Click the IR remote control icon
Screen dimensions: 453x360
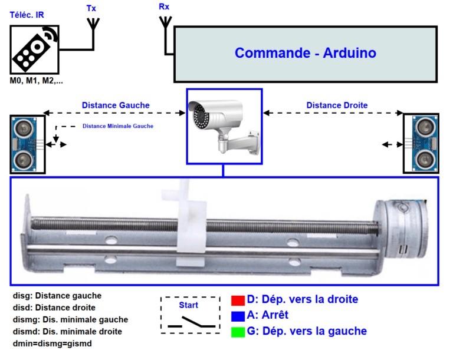35,49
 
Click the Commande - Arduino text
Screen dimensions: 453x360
306,53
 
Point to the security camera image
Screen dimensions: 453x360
224,126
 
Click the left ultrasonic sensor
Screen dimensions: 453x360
28,144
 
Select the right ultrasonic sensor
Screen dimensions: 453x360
421,143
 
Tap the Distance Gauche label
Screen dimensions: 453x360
116,105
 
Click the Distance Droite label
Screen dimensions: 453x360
337,105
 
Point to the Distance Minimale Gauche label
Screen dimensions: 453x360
118,126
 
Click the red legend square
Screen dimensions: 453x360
238,300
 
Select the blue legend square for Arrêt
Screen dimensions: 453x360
238,316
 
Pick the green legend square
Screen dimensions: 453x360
238,332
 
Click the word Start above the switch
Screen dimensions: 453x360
188,305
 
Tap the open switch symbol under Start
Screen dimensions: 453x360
192,322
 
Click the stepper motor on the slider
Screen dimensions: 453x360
402,229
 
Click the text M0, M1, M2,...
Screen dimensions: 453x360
36,81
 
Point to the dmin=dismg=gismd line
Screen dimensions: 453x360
52,344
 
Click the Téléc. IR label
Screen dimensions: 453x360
27,15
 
